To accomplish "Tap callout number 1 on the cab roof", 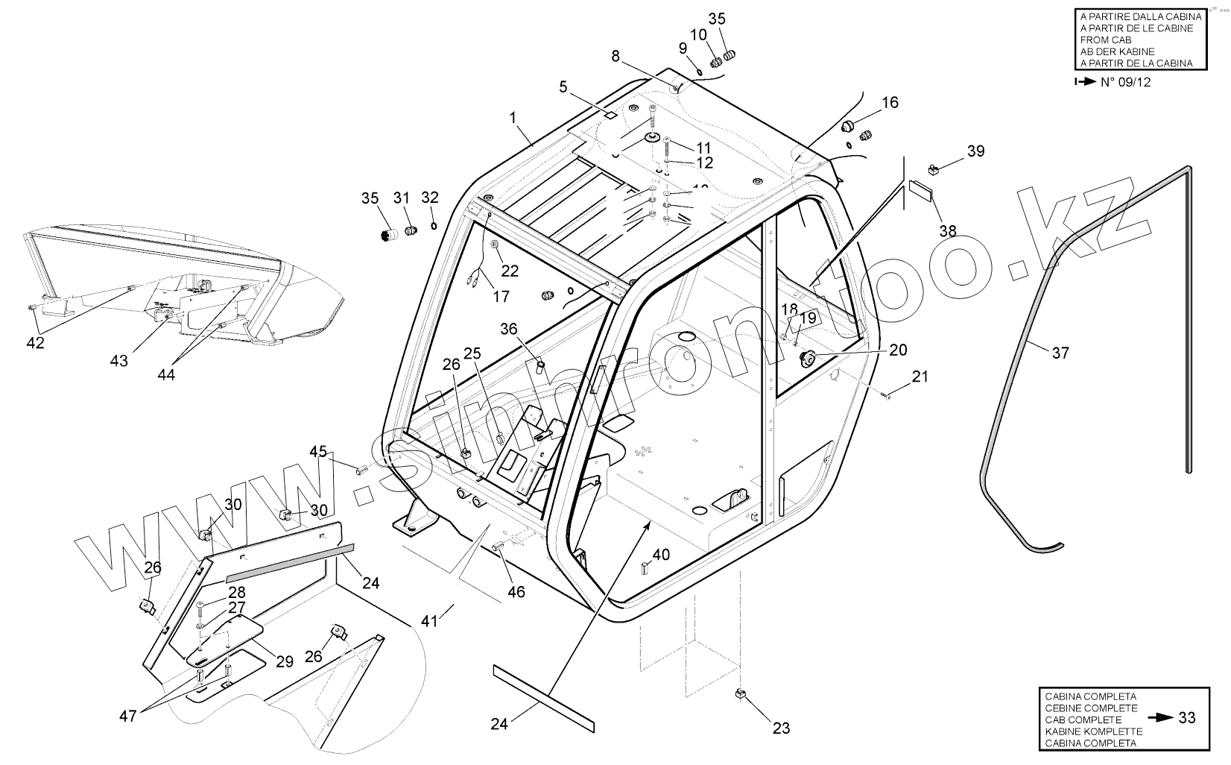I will point(513,117).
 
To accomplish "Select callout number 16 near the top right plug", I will point(890,102).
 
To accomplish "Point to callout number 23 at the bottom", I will point(781,728).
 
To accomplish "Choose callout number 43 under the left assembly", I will point(119,361).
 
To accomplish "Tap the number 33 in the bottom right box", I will point(1187,717).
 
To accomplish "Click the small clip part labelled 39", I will point(934,169).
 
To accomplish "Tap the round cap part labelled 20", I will point(806,359).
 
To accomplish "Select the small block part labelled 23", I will point(741,694).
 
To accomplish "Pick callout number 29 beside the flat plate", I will point(284,661).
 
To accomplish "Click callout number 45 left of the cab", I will point(318,451).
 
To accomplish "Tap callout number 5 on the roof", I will point(563,87).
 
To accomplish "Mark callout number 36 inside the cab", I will point(508,329).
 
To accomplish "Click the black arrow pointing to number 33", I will point(1159,717).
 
